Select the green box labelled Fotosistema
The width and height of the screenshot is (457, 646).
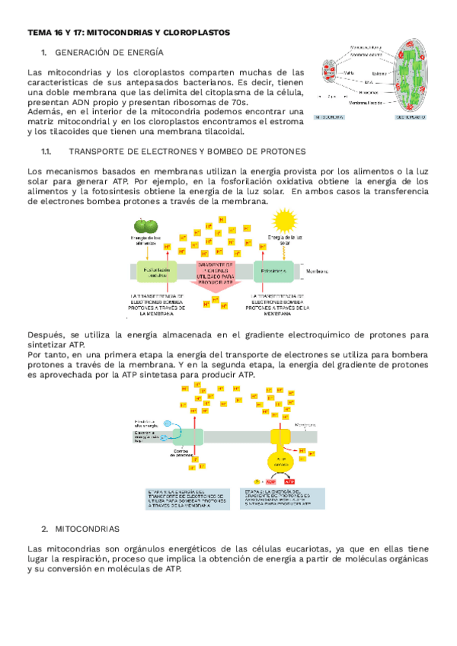(273, 271)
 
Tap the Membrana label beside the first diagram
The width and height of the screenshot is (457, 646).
(317, 270)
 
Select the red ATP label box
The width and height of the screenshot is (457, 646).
(289, 481)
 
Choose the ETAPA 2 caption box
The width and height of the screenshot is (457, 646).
(283, 497)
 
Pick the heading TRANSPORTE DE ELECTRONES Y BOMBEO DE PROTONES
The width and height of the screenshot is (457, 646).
(187, 152)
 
